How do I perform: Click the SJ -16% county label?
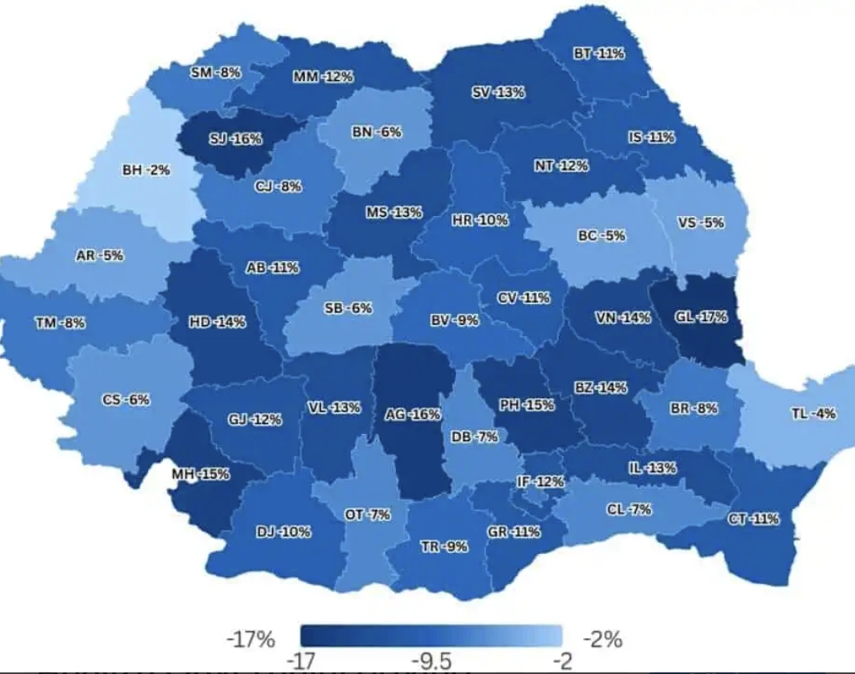click(235, 139)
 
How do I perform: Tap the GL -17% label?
click(701, 317)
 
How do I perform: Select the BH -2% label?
click(146, 171)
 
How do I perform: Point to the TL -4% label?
click(813, 414)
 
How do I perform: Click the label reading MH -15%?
click(201, 474)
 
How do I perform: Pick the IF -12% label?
click(541, 482)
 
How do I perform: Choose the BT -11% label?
click(599, 54)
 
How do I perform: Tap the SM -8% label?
click(215, 73)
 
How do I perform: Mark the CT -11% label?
click(753, 519)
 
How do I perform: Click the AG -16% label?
click(413, 415)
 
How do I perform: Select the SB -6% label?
click(348, 308)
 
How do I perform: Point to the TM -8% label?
click(60, 323)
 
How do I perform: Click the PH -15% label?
click(526, 405)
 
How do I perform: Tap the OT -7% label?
click(367, 515)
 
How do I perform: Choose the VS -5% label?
click(701, 223)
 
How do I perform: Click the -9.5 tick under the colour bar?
click(431, 661)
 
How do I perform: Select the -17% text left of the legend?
click(251, 640)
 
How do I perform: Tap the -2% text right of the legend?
click(602, 640)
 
